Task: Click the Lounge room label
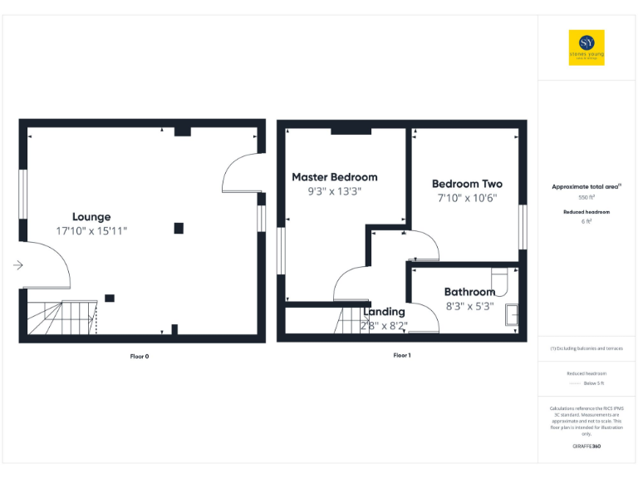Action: (91, 217)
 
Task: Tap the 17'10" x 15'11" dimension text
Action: (91, 230)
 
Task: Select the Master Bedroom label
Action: (334, 177)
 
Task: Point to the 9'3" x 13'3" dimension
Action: (334, 191)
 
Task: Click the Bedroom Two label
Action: (467, 184)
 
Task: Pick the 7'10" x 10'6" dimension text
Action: (467, 198)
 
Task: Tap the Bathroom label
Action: (469, 292)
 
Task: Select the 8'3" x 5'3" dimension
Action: (469, 305)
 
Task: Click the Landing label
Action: (385, 312)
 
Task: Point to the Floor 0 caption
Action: (140, 356)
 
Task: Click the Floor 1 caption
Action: (402, 355)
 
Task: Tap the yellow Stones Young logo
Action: (586, 47)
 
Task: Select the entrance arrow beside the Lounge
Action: (18, 265)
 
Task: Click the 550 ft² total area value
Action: (586, 198)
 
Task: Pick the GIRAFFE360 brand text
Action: (586, 447)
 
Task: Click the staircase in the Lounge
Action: (60, 318)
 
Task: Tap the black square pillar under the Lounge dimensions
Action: (179, 229)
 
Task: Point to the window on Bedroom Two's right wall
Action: (523, 226)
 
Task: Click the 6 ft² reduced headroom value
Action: (586, 222)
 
